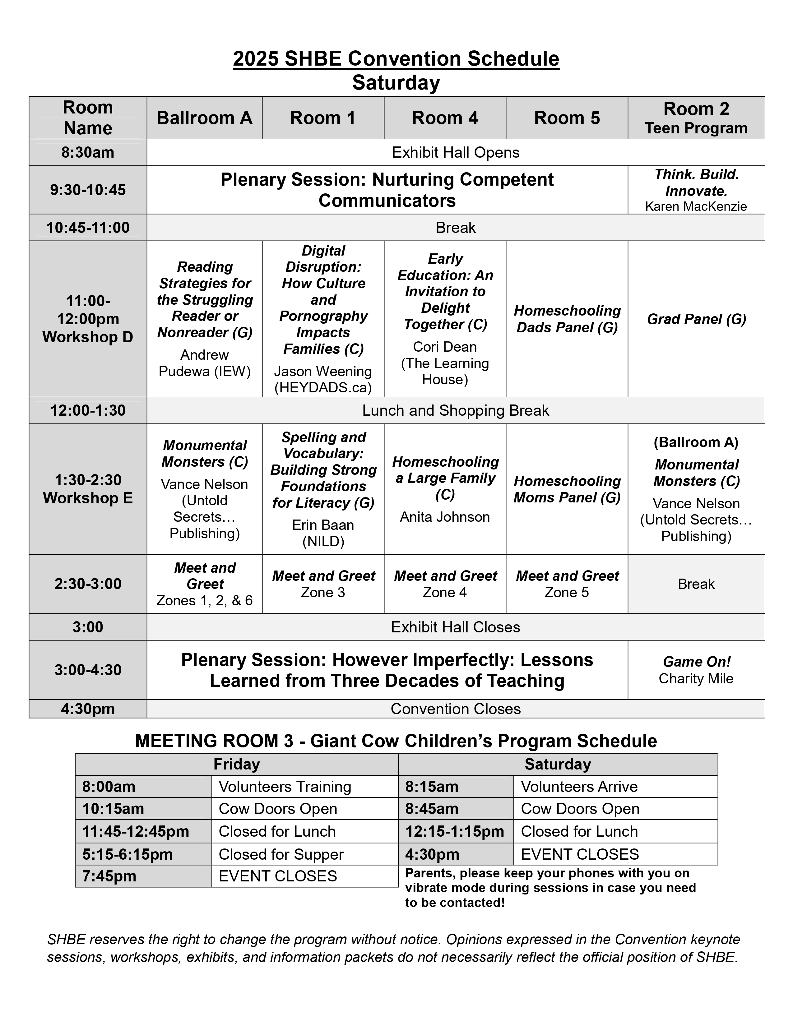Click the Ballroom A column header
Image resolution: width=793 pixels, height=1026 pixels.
[x=204, y=118]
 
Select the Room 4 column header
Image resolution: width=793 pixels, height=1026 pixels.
[x=445, y=118]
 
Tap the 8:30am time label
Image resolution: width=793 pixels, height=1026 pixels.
[x=88, y=153]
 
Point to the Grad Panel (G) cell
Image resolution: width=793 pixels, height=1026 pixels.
[x=696, y=319]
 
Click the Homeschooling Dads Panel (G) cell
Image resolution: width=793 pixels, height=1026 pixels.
[x=567, y=319]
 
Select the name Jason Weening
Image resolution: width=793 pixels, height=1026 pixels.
[x=323, y=371]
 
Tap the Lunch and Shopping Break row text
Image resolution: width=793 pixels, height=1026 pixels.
[x=455, y=411]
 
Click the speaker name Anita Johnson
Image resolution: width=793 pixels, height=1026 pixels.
[x=445, y=517]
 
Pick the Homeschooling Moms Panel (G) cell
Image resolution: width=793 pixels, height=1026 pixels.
[x=567, y=489]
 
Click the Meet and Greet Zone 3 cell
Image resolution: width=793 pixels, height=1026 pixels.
[x=323, y=584]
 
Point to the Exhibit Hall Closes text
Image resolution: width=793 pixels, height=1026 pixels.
[x=455, y=627]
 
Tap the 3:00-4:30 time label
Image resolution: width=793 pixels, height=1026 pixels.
[x=88, y=670]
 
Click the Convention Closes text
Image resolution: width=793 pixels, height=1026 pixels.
[x=455, y=709]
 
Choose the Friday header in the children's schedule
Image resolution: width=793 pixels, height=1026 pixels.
[x=236, y=764]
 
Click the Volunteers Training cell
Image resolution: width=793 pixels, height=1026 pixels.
[x=285, y=787]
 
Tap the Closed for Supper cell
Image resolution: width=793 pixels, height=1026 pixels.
[x=281, y=854]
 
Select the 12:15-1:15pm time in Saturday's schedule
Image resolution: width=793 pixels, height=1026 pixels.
[x=454, y=831]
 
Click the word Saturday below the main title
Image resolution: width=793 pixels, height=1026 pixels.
[x=396, y=83]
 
